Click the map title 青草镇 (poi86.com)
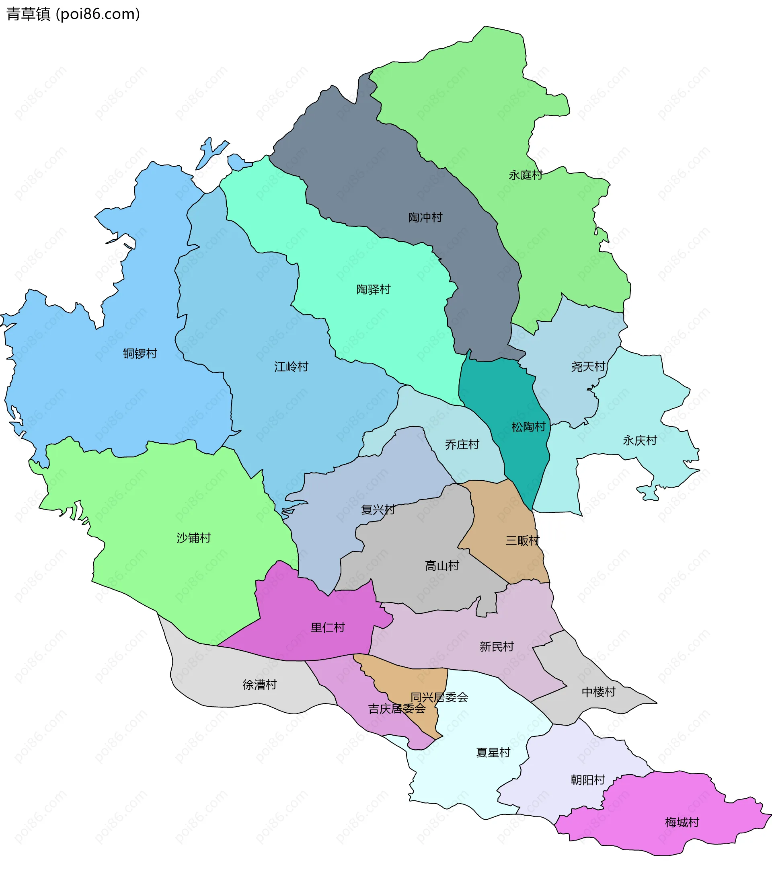(73, 14)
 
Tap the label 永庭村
(525, 175)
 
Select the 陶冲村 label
(425, 217)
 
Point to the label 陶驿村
(373, 289)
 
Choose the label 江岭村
(291, 366)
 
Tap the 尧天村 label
(588, 366)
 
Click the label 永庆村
(640, 440)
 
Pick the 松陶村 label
(528, 427)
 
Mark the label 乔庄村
(462, 444)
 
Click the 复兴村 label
(378, 509)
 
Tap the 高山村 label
(442, 565)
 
